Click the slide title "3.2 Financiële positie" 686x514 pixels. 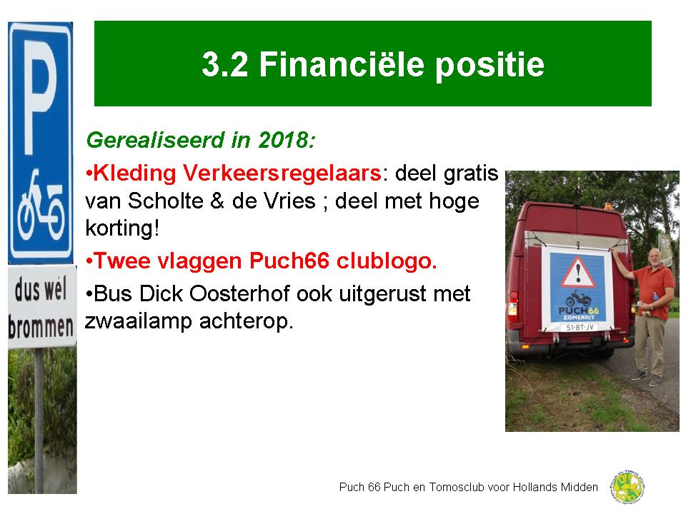(x=372, y=64)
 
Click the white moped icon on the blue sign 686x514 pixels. (x=41, y=208)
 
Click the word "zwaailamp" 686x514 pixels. (x=135, y=321)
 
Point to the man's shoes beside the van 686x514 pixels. (x=647, y=378)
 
